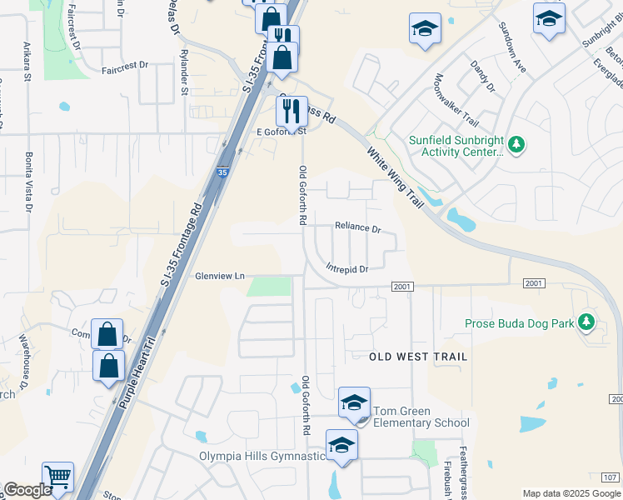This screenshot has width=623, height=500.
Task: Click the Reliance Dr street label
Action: pos(357,227)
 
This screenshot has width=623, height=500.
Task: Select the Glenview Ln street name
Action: pos(220,276)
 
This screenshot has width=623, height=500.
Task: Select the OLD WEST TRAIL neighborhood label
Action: pos(418,357)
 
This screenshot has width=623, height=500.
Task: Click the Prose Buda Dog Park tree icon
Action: pos(586,322)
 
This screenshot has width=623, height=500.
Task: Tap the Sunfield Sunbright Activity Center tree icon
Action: pos(516,146)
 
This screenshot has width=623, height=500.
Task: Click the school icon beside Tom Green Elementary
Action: pos(354,402)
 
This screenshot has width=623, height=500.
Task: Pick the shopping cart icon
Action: pos(57,477)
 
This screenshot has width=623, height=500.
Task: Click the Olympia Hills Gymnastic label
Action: pos(262,456)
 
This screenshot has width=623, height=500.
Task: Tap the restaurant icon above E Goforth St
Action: pos(292,109)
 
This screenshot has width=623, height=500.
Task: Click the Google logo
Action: pos(27,491)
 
